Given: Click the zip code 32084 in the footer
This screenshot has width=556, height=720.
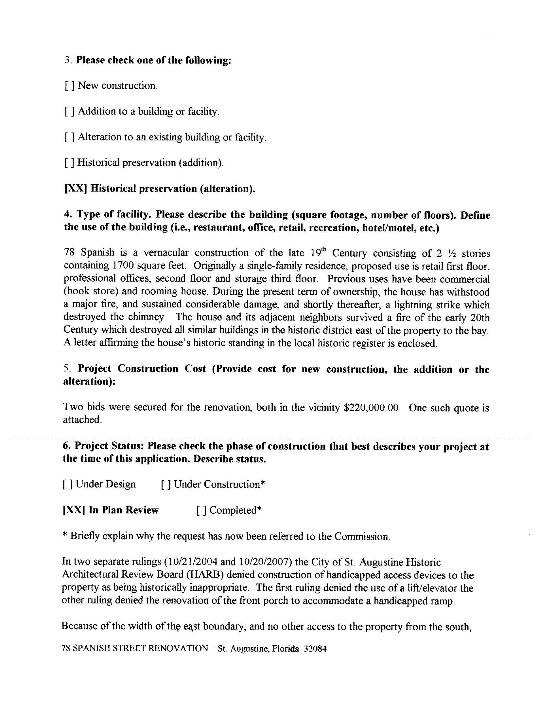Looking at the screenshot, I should (315, 649).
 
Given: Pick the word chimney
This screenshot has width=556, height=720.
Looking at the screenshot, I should (146, 317).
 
